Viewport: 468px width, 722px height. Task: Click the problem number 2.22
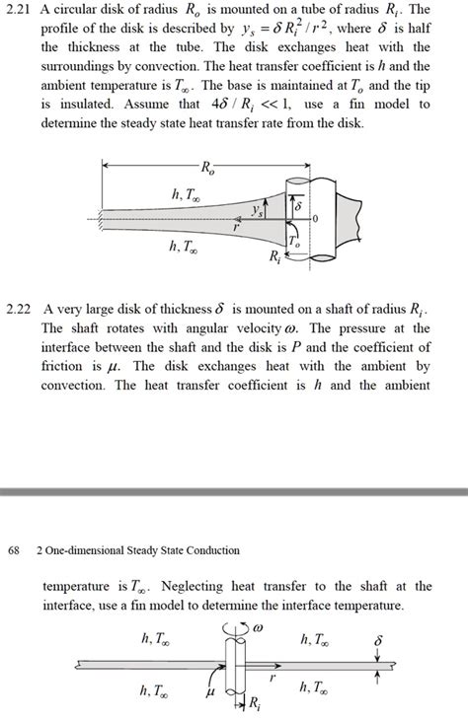[x=21, y=309]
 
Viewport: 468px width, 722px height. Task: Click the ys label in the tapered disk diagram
[x=258, y=210]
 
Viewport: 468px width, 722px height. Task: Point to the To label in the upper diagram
[x=294, y=242]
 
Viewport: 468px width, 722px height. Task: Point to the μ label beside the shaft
[x=209, y=692]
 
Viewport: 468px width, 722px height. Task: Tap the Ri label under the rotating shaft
[x=255, y=702]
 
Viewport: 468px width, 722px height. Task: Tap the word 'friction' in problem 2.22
[x=65, y=366]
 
